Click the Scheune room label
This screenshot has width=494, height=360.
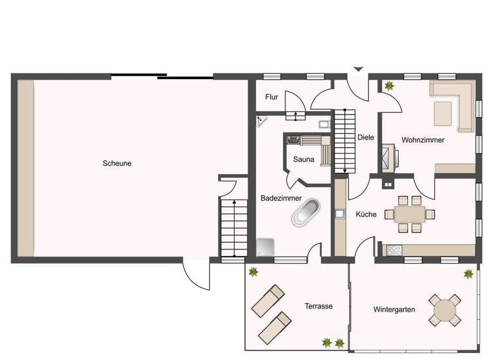[x=117, y=163]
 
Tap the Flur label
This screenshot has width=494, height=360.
[x=271, y=97]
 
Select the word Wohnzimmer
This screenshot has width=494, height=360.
[x=423, y=139]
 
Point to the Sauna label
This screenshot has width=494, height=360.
[x=304, y=159]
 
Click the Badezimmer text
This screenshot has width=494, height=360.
[x=278, y=199]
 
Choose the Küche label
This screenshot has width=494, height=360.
[x=366, y=214]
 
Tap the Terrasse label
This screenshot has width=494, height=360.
[x=318, y=306]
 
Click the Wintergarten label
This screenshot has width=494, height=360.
[x=394, y=309]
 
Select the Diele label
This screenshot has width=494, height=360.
[x=365, y=137]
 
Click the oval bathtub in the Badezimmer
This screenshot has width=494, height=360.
[x=306, y=213]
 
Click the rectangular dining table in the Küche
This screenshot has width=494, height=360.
[x=409, y=213]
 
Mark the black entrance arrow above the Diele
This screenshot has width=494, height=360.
[x=358, y=68]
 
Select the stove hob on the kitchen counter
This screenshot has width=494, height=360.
[x=393, y=249]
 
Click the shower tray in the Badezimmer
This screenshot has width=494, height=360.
[x=264, y=248]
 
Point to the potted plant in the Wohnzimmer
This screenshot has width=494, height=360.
[x=389, y=85]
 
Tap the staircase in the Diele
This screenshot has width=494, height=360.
[x=345, y=139]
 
